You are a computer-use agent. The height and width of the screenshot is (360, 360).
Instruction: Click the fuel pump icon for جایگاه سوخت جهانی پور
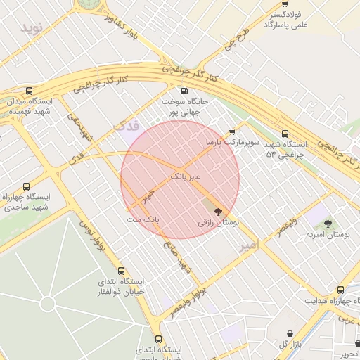point(184,91)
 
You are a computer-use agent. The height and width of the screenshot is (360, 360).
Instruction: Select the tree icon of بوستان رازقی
point(218,210)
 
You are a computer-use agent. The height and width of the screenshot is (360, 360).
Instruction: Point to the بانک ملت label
point(143,220)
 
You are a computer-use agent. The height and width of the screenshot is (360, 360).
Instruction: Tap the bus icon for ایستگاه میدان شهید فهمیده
point(29,91)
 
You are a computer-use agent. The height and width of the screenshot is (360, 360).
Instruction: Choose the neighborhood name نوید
point(32,27)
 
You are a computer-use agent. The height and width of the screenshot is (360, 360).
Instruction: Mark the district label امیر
point(249,245)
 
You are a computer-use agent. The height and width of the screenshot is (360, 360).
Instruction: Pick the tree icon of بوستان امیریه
point(328,224)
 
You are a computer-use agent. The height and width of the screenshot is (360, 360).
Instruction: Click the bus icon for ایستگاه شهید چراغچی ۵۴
point(284,134)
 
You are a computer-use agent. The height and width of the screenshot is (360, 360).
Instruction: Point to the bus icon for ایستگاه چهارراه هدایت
point(340,290)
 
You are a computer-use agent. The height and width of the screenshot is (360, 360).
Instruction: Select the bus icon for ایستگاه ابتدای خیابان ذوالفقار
point(122,271)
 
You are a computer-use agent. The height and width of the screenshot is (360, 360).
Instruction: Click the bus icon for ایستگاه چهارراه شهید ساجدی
point(27,187)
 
